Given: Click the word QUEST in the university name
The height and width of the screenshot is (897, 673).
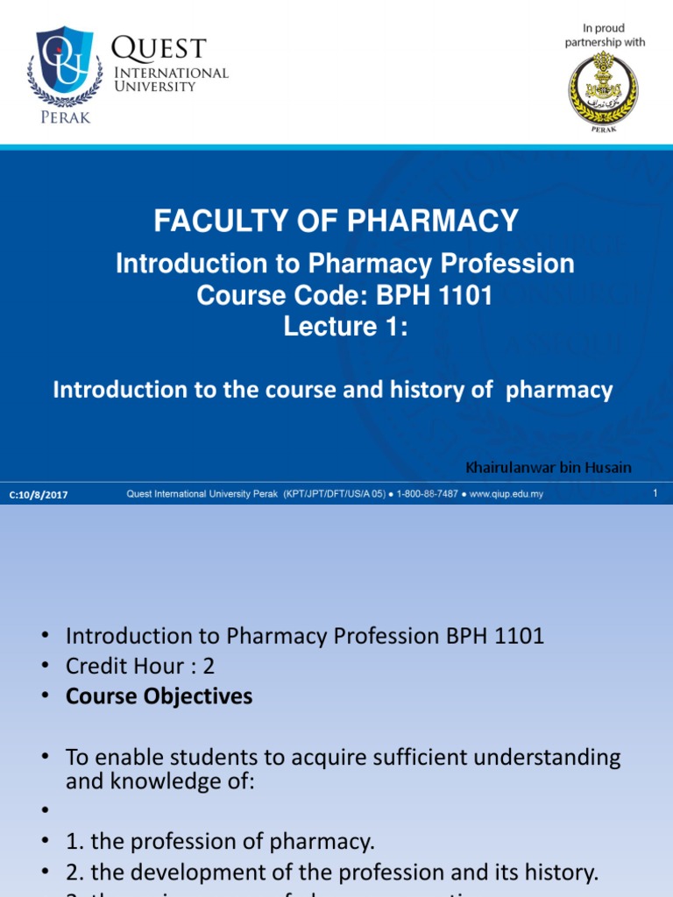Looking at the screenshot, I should pyautogui.click(x=159, y=47).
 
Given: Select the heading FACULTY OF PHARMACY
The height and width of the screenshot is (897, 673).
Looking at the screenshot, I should pyautogui.click(x=336, y=222).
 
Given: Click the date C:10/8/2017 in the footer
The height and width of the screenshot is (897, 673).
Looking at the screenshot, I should pyautogui.click(x=39, y=496).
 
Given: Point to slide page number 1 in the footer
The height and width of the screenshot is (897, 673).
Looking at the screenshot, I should pyautogui.click(x=655, y=495).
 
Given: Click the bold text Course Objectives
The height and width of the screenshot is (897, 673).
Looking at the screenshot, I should pyautogui.click(x=159, y=696).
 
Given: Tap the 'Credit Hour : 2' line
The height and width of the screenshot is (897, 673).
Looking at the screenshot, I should pyautogui.click(x=140, y=667).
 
